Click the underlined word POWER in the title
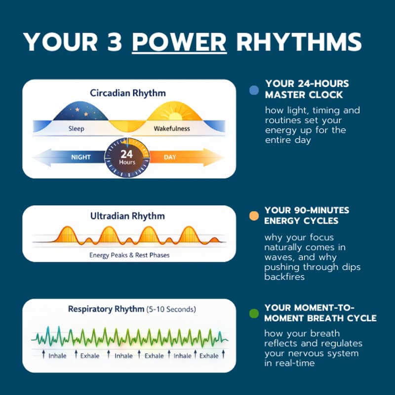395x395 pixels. pyautogui.click(x=179, y=42)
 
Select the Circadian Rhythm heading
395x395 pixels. pyautogui.click(x=128, y=93)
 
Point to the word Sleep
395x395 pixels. pyautogui.click(x=76, y=129)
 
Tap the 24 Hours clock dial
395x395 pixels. pyautogui.click(x=127, y=157)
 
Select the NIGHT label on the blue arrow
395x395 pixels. pyautogui.click(x=81, y=157)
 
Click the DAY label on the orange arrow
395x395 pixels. pyautogui.click(x=169, y=157)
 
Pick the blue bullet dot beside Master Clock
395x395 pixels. pyautogui.click(x=254, y=90)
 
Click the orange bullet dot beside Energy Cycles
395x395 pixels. pyautogui.click(x=254, y=216)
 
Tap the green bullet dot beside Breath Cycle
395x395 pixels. pyautogui.click(x=254, y=313)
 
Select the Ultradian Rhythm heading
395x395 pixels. pyautogui.click(x=127, y=216)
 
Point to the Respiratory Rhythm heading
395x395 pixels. pyautogui.click(x=106, y=310)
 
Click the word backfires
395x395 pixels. pyautogui.click(x=284, y=277)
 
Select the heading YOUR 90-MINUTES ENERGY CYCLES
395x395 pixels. pyautogui.click(x=306, y=215)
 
